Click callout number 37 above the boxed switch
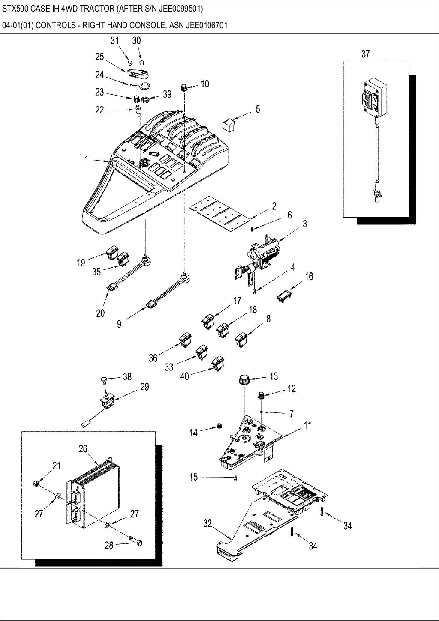click(x=365, y=54)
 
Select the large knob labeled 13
click(x=244, y=379)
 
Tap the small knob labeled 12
click(x=260, y=394)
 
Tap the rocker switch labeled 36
click(x=185, y=340)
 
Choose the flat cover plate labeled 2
click(x=219, y=213)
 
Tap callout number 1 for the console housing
click(x=86, y=160)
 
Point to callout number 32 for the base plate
click(x=207, y=523)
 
